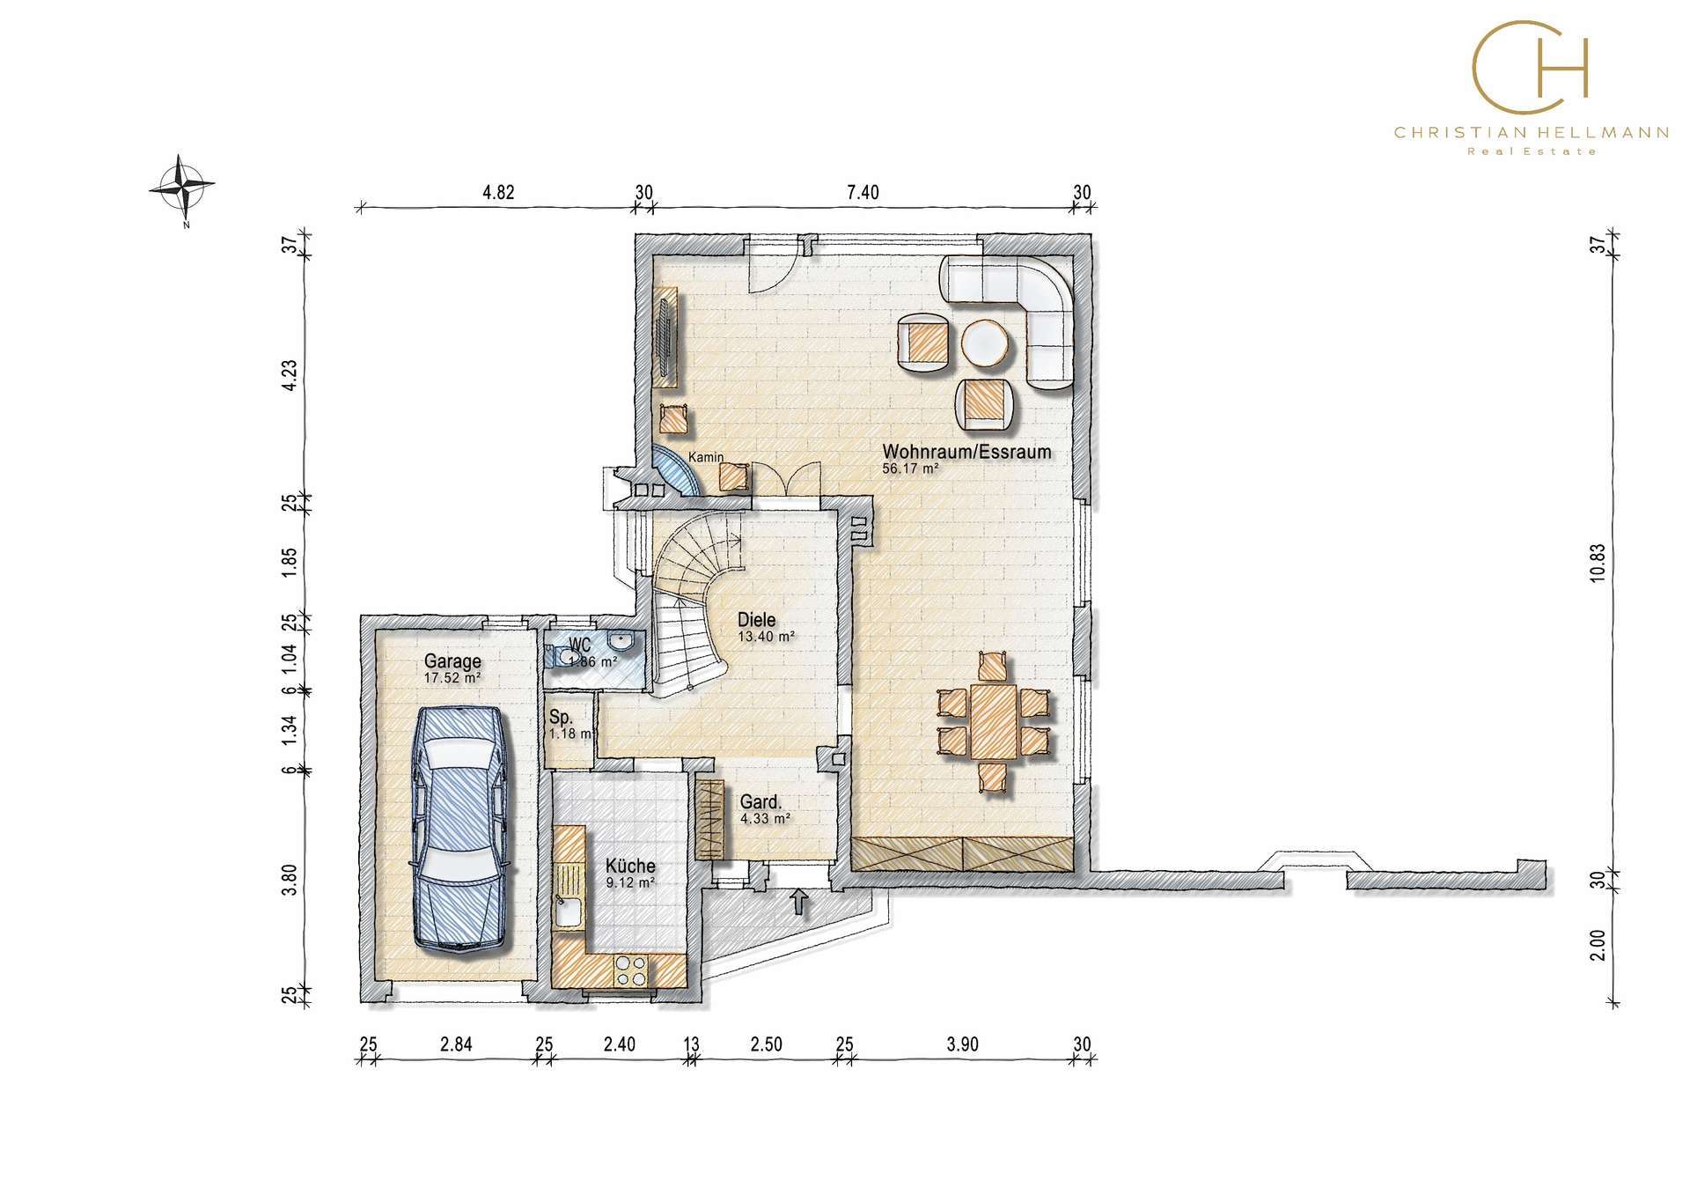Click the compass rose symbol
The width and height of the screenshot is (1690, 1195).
tap(183, 186)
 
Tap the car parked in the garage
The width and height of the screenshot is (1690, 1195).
tap(459, 829)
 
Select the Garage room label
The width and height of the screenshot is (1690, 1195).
tap(452, 660)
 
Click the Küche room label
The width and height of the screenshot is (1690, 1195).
tap(630, 866)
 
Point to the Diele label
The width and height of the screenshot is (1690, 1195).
tap(757, 621)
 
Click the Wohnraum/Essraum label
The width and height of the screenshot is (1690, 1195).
tap(966, 452)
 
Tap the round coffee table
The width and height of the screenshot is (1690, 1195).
tap(984, 342)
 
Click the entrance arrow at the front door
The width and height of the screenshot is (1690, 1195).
tap(799, 900)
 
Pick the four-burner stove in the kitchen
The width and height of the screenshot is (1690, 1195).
tap(630, 970)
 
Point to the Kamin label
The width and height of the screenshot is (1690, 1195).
tap(706, 456)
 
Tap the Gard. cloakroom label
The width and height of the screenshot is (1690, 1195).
tap(760, 802)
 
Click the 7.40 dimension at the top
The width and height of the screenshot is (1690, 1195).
tap(863, 193)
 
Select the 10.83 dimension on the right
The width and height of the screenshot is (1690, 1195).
tap(1598, 562)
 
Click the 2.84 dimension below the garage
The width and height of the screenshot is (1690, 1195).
tap(456, 1044)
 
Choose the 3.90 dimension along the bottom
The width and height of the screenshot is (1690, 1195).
tap(962, 1044)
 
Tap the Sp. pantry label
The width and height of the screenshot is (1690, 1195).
tap(561, 717)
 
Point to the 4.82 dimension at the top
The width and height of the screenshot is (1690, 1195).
tap(498, 193)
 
